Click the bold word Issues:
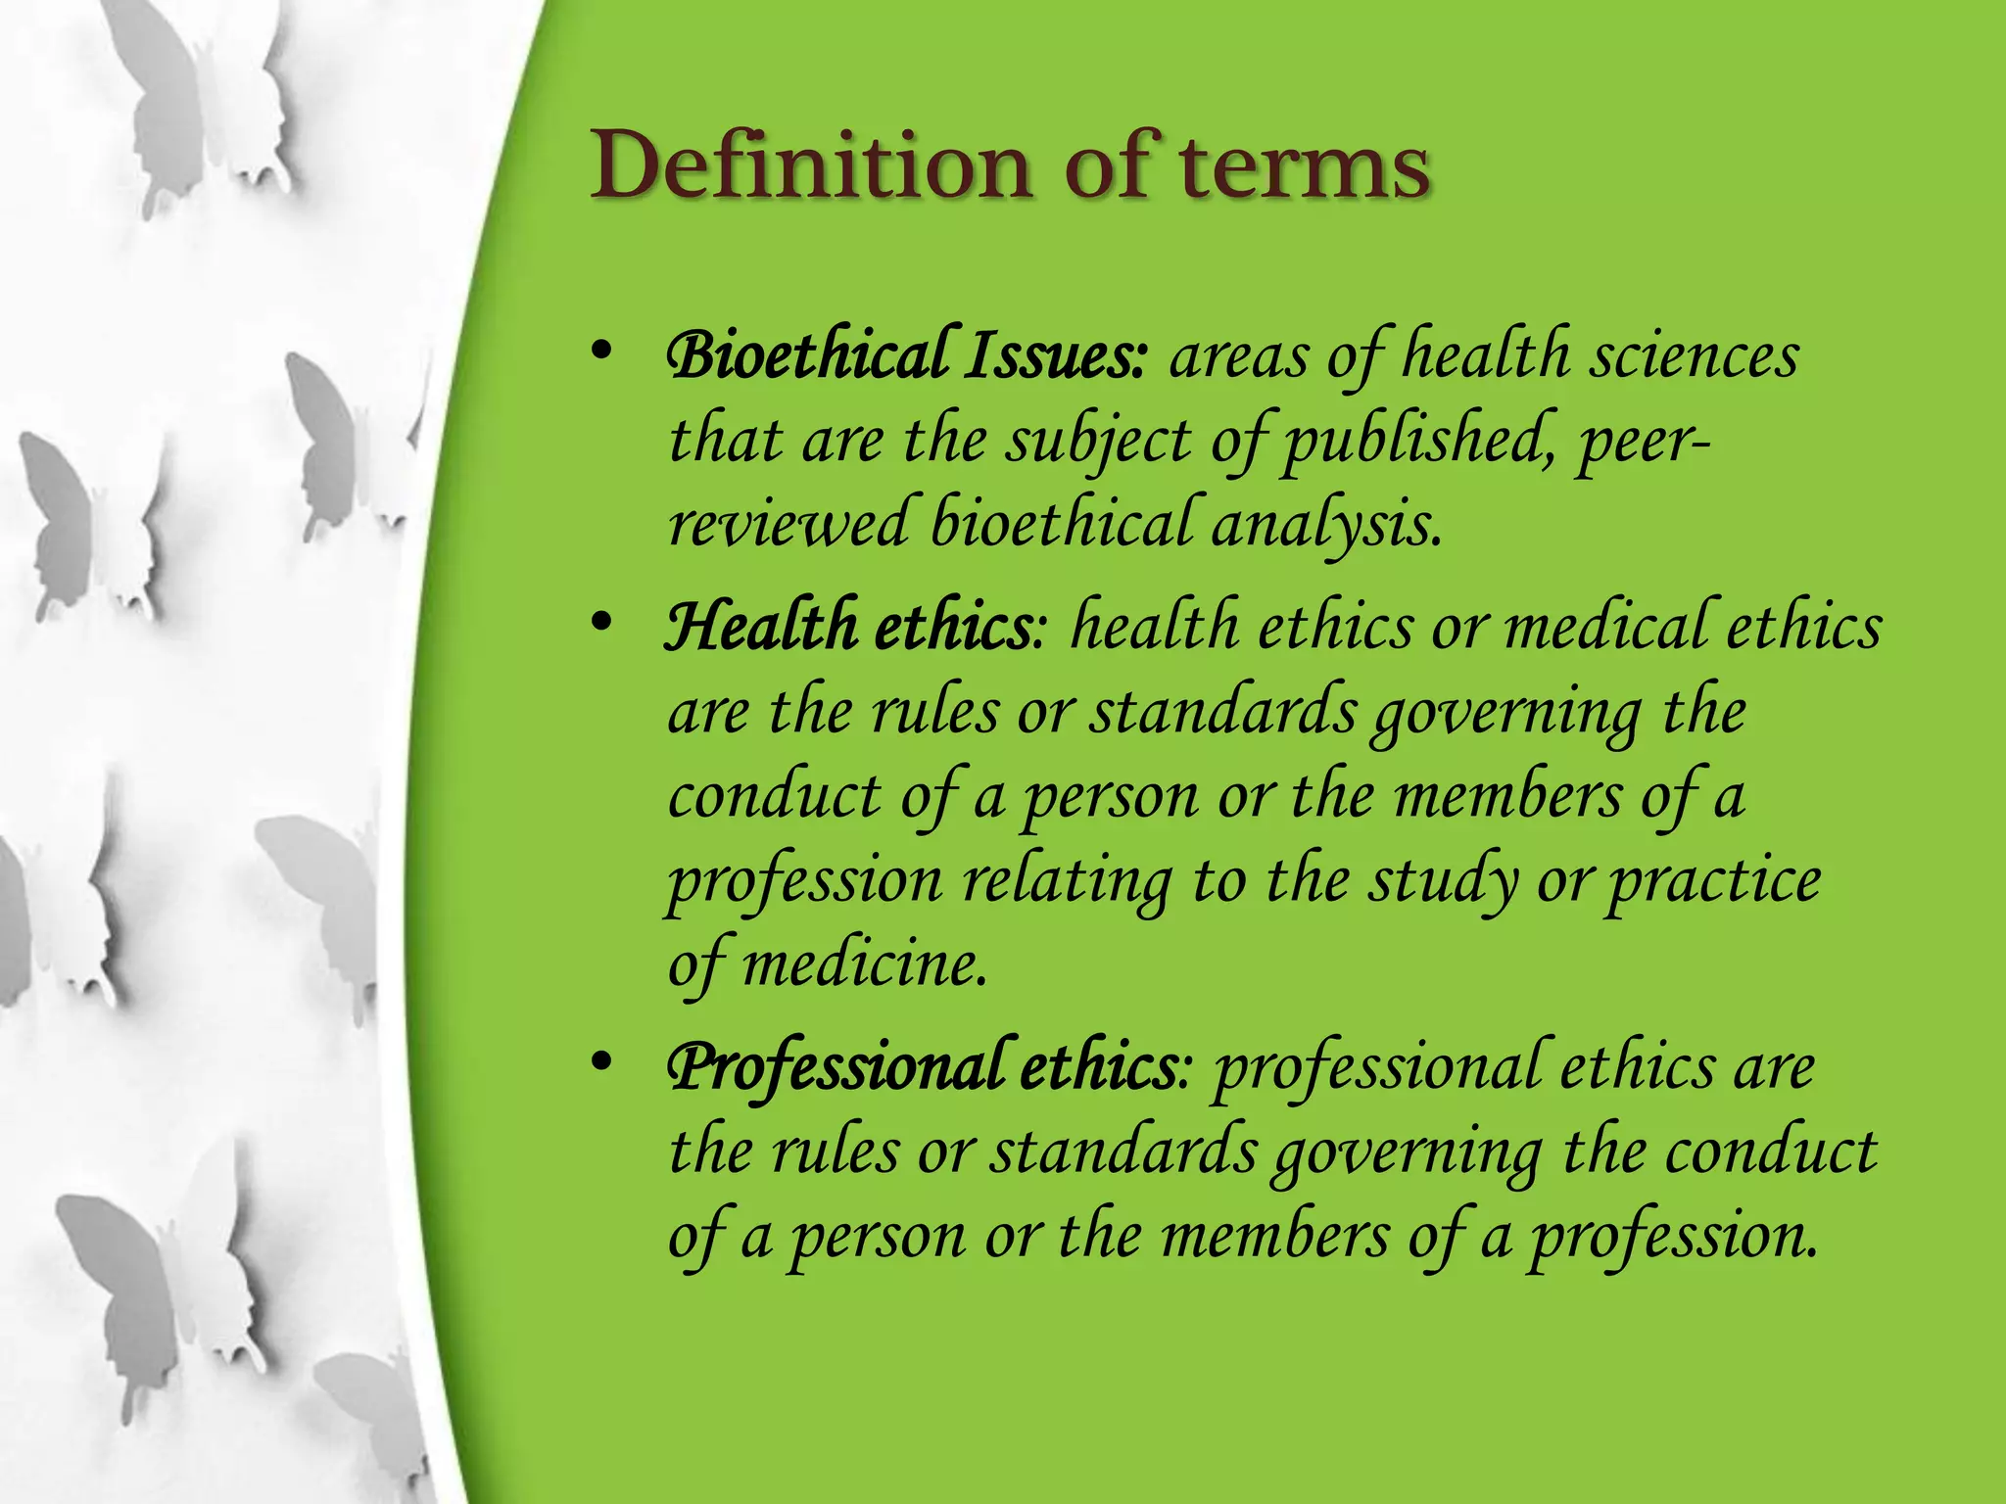pyautogui.click(x=1054, y=356)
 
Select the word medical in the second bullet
pyautogui.click(x=1605, y=628)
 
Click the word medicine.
pyautogui.click(x=865, y=964)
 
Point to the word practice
pyautogui.click(x=1715, y=880)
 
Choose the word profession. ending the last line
pyautogui.click(x=1676, y=1237)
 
